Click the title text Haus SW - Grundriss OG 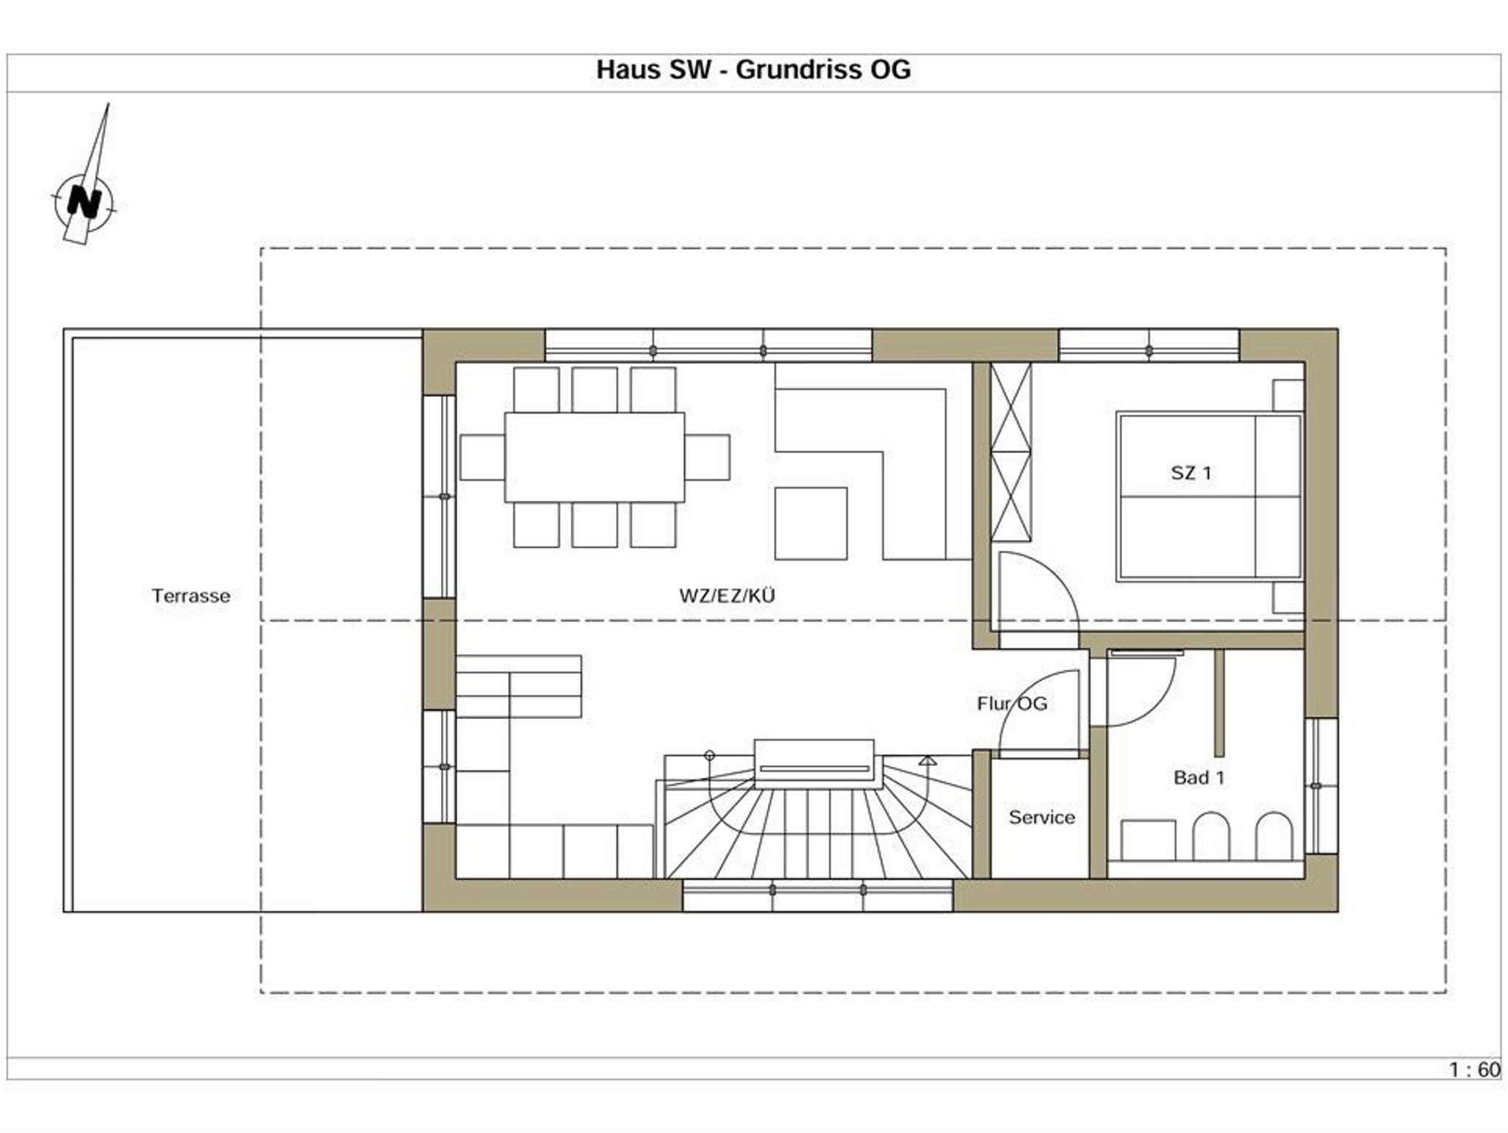753,70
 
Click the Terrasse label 191,596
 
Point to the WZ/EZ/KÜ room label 727,596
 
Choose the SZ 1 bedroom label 1191,473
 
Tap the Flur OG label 1012,704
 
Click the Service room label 1042,817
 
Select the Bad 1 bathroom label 1199,777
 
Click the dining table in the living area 594,457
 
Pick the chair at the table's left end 482,457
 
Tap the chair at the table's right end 707,457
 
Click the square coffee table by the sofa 811,524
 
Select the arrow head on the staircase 928,760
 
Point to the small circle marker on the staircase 709,755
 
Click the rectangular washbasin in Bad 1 1148,840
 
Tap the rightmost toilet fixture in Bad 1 1274,836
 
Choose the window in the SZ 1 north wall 1149,345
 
